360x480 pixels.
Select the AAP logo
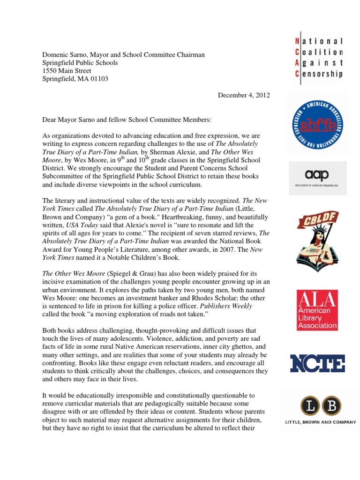(x=317, y=178)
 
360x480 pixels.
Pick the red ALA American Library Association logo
(x=317, y=310)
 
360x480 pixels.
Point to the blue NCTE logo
(x=317, y=363)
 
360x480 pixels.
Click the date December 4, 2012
(x=244, y=95)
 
